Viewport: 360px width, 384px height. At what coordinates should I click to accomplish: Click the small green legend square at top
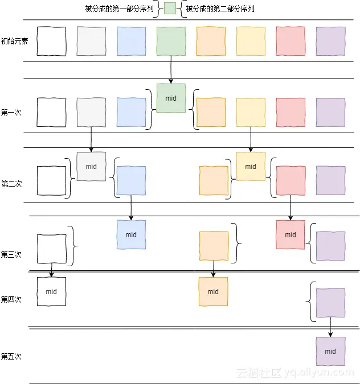tap(170, 9)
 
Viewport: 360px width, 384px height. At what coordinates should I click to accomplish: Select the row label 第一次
tap(11, 112)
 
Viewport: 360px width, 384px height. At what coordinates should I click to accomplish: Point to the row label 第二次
tap(11, 184)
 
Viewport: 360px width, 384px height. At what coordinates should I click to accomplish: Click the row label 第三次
tap(11, 254)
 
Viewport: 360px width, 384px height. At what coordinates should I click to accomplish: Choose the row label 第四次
tap(11, 299)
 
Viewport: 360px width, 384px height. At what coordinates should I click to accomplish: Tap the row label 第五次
tap(11, 356)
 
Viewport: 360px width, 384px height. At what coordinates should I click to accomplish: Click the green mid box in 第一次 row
tap(171, 98)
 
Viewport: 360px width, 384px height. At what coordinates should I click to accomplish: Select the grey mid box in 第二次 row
tap(91, 167)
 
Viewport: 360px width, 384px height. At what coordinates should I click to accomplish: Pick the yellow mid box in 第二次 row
tap(251, 167)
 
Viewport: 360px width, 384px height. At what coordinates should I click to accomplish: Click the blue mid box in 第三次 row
tap(131, 234)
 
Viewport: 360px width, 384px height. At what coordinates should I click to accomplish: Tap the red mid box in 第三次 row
tap(291, 234)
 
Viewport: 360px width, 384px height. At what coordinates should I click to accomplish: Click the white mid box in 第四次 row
tap(51, 292)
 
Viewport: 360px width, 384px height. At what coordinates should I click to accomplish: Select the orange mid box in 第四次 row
tap(213, 292)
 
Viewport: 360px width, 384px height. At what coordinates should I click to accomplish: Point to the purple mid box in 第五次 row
tap(330, 352)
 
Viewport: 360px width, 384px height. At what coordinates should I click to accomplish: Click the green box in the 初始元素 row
tap(171, 42)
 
